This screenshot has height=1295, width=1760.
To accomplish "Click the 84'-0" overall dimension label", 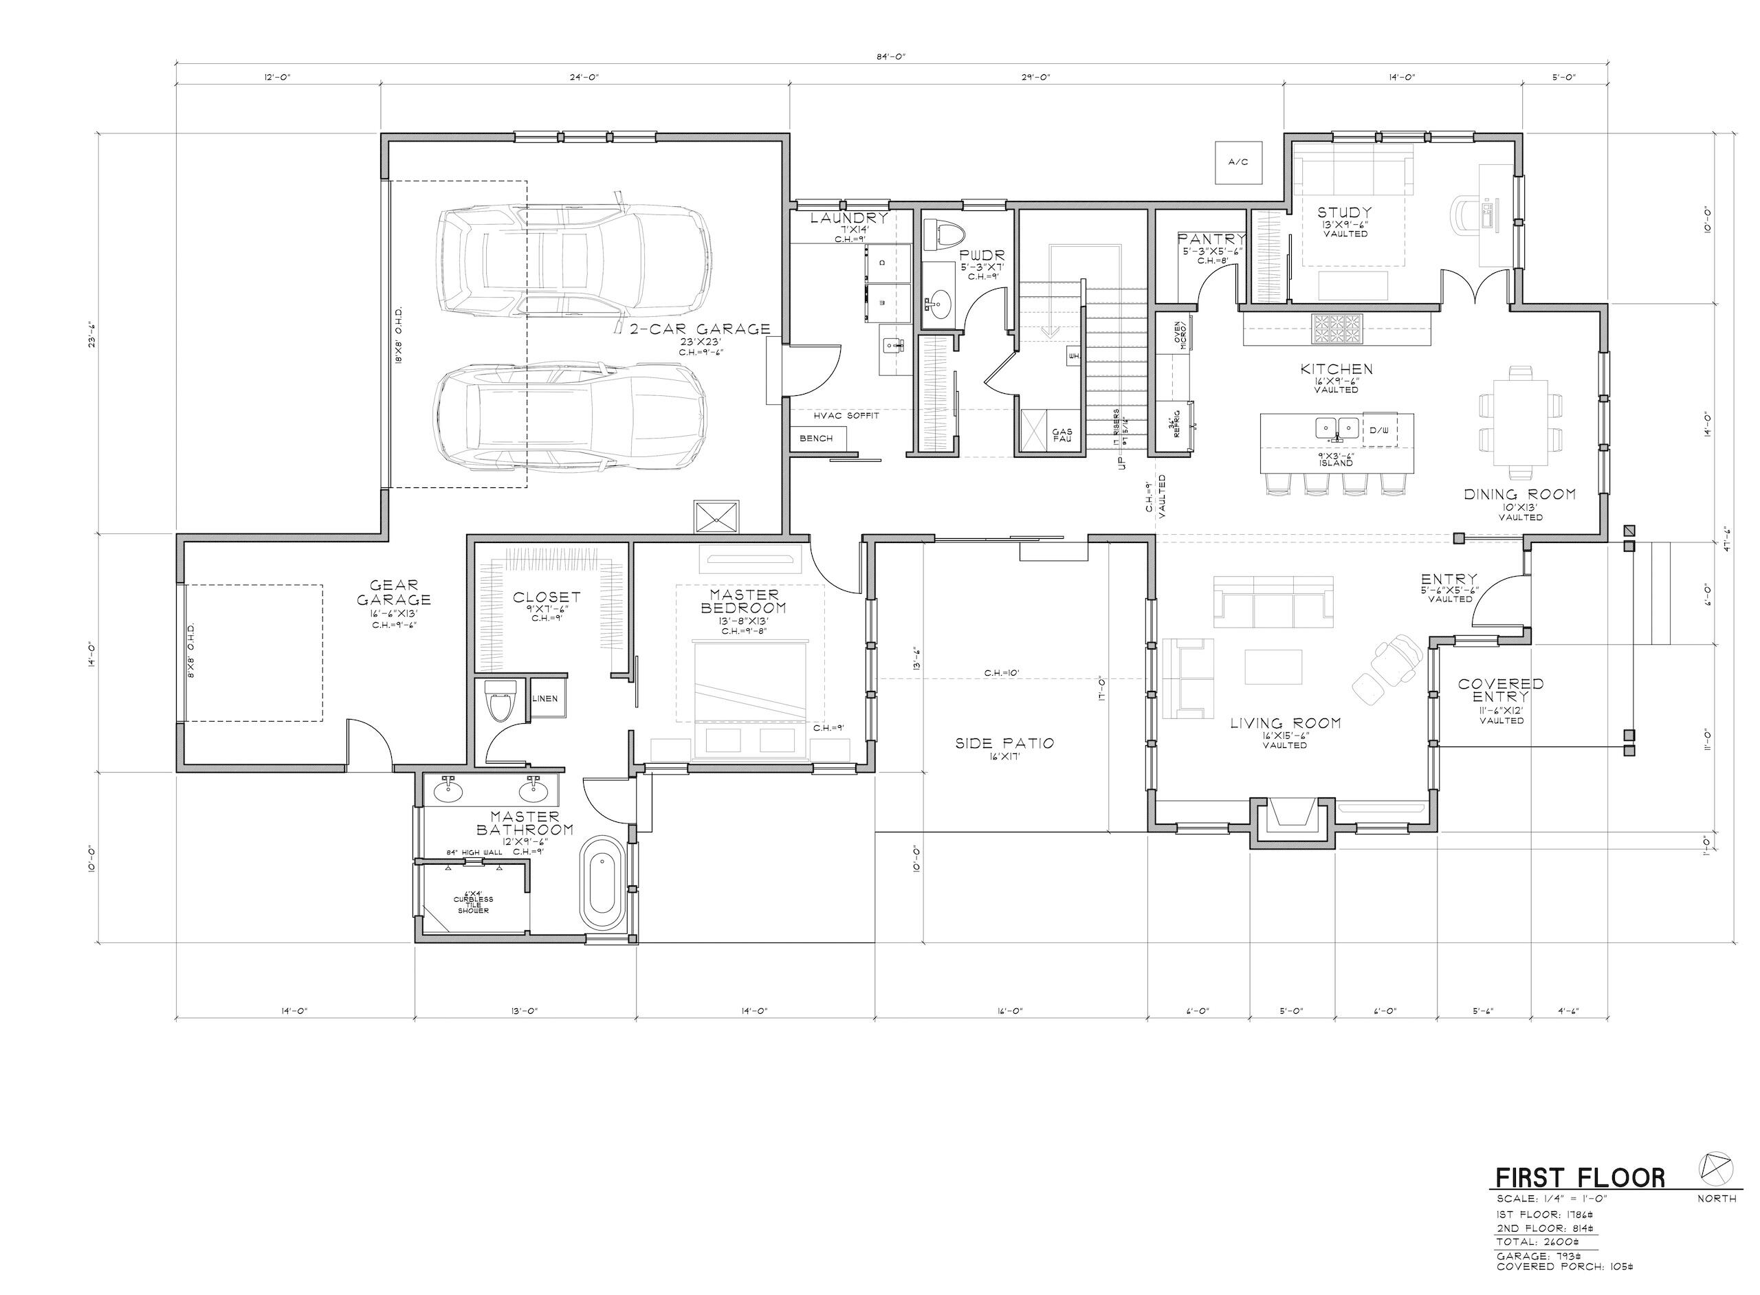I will tap(890, 56).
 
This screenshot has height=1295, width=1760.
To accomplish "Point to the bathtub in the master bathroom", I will tap(602, 883).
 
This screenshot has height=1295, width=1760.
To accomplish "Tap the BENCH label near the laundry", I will tap(815, 439).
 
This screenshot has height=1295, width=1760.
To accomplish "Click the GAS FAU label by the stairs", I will tap(1061, 435).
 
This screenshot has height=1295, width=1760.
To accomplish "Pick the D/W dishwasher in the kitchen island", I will tap(1379, 430).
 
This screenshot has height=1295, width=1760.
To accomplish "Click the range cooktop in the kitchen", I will tap(1337, 329).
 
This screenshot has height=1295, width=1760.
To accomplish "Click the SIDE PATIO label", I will tap(1004, 743).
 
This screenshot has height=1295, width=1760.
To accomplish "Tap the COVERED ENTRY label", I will tap(1501, 690).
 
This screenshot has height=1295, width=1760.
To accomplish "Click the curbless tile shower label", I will tap(473, 904).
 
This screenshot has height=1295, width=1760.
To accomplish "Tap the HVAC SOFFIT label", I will tap(846, 415).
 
